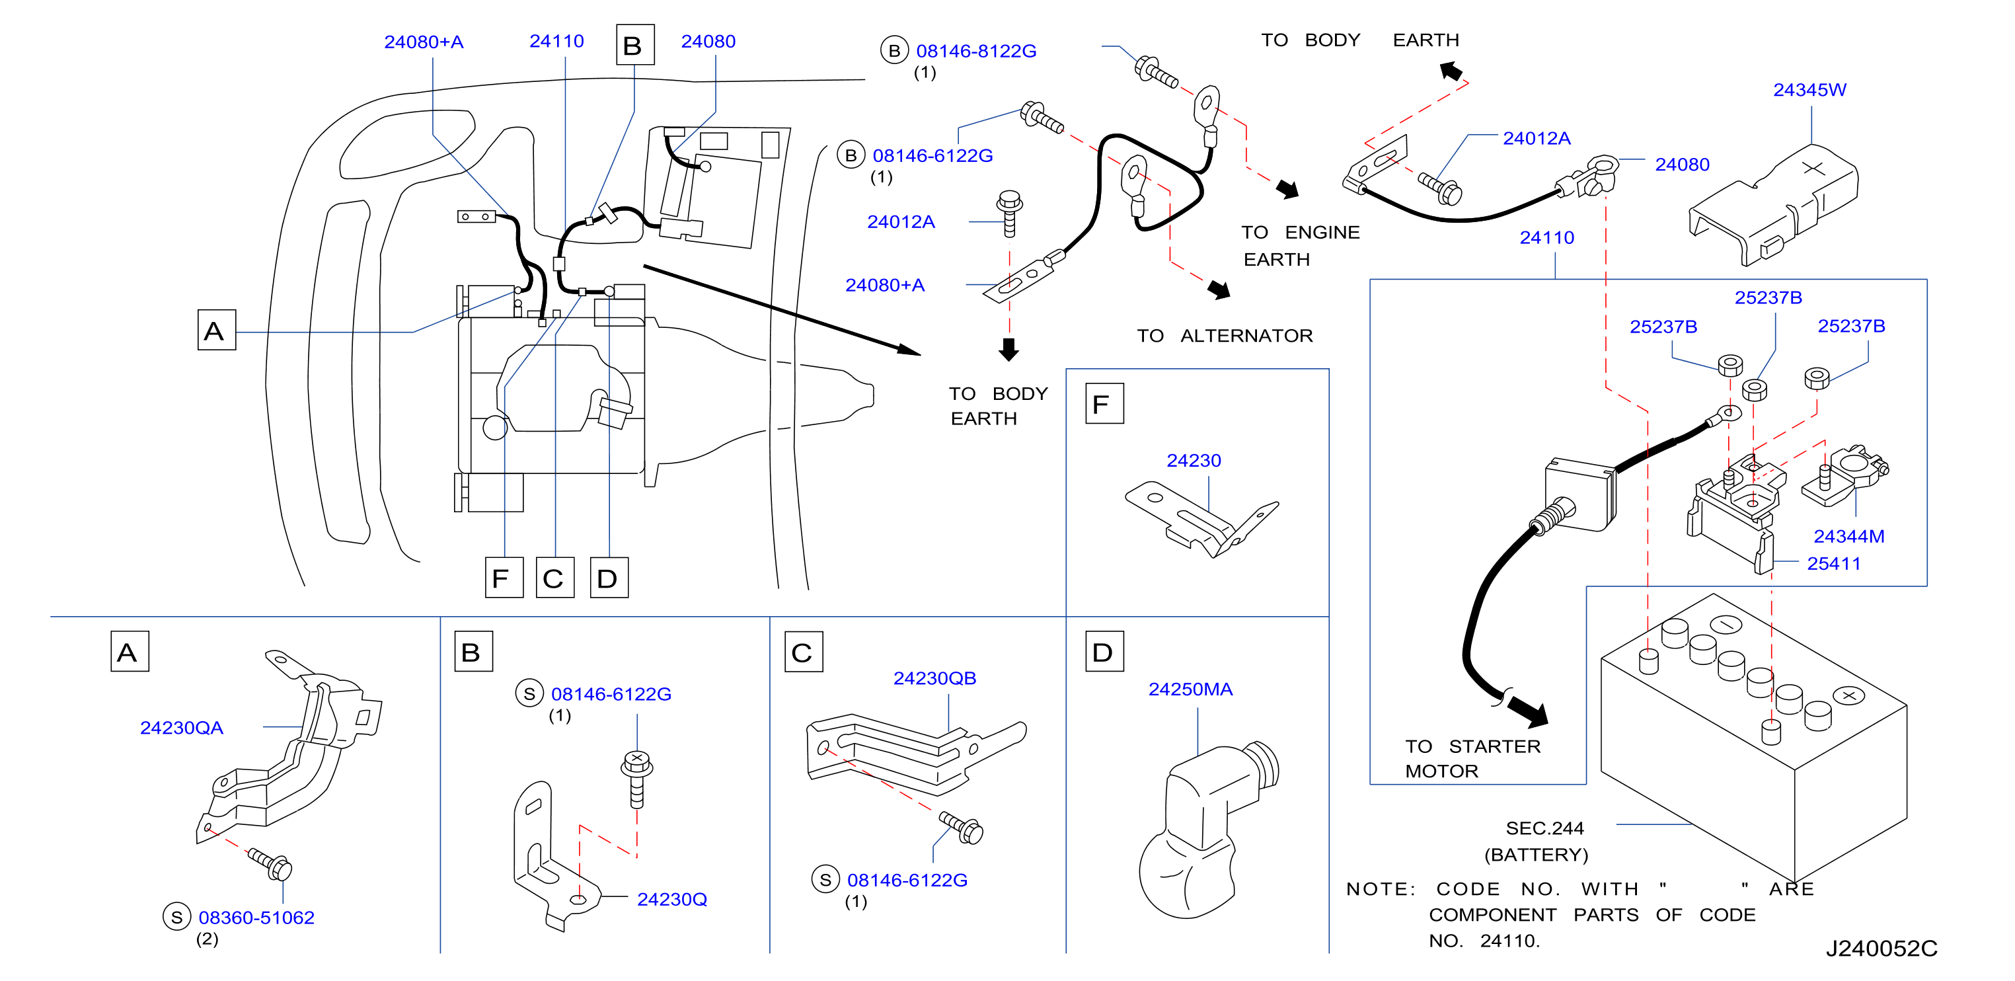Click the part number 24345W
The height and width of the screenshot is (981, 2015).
[1809, 90]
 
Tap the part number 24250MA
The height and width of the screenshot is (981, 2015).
[1190, 689]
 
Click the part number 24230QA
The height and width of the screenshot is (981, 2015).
[182, 728]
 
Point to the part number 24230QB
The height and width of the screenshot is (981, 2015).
[934, 678]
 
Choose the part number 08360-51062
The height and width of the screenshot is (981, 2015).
[256, 918]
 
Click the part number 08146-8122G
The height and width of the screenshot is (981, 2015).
[976, 51]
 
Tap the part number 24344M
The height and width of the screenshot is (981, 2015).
[1848, 537]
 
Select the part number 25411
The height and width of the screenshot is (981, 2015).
[1833, 563]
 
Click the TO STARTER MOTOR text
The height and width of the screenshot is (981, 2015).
[1472, 758]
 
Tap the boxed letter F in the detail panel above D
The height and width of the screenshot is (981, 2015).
[1104, 404]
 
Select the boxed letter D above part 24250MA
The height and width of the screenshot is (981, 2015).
[1104, 652]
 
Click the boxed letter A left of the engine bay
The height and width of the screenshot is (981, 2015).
[216, 330]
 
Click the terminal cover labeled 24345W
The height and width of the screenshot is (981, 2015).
[1772, 204]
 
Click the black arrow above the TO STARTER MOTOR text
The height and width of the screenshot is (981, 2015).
[1526, 709]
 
